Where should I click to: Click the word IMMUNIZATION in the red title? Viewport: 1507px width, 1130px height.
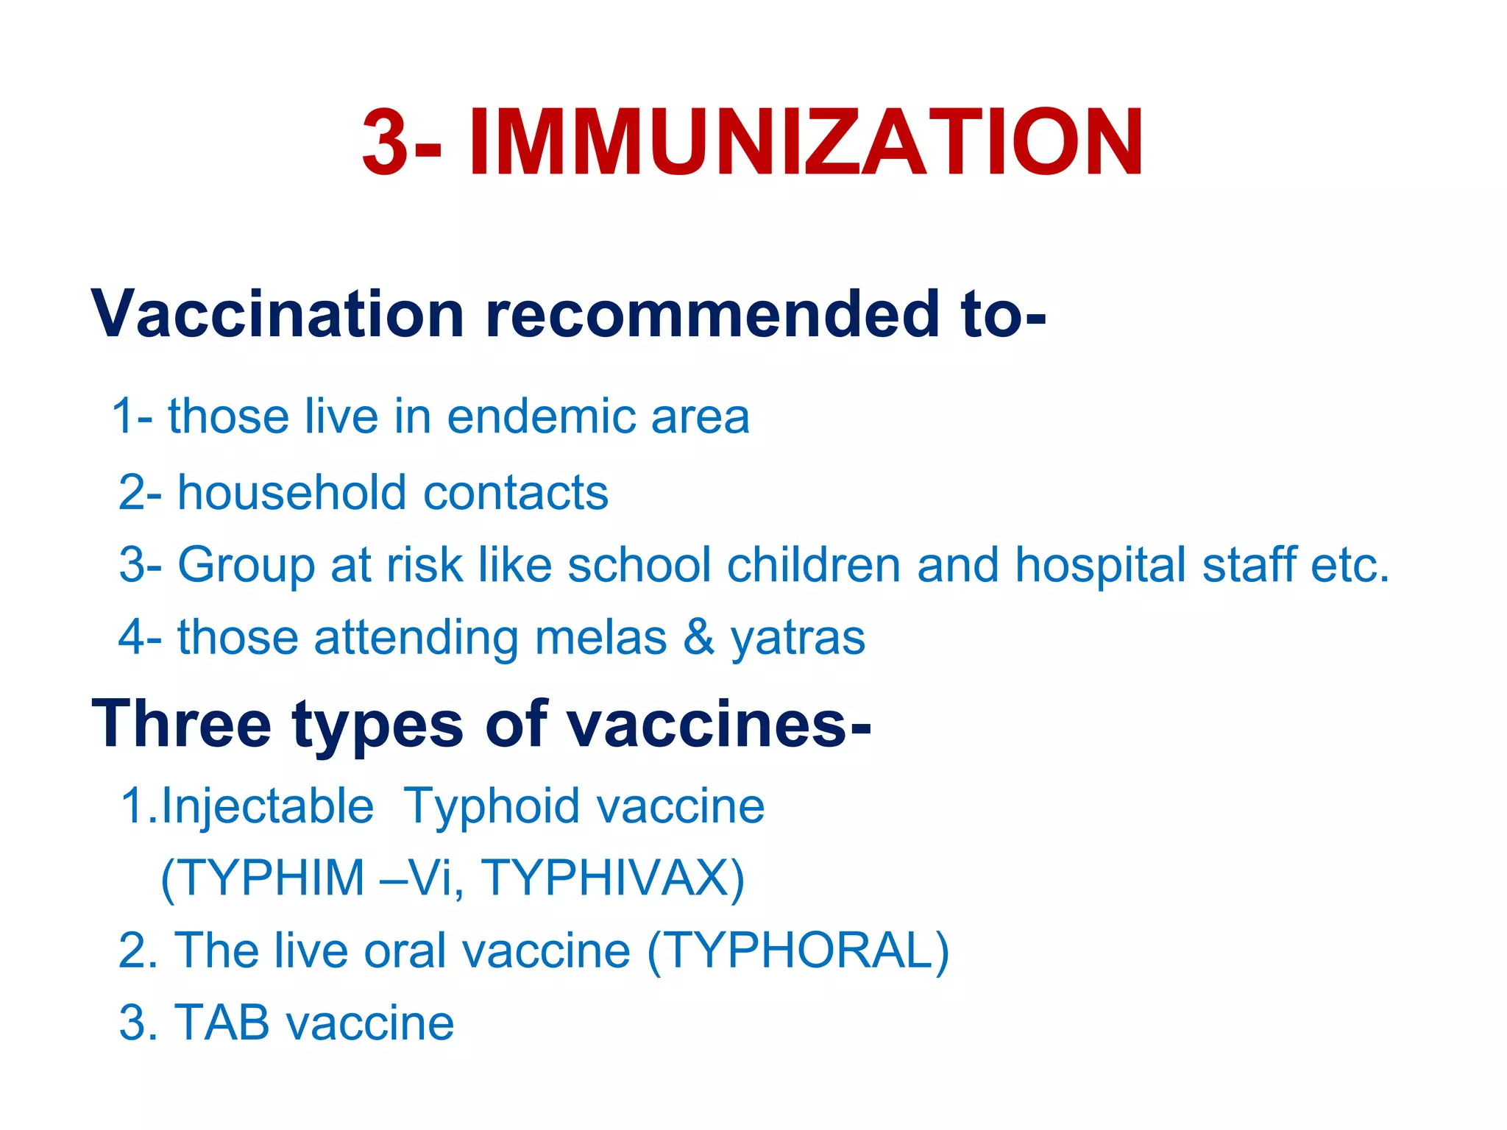coord(806,143)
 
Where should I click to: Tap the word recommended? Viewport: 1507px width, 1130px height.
coord(712,314)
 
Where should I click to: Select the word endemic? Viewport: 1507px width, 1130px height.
coord(541,416)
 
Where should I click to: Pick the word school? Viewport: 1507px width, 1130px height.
coord(639,565)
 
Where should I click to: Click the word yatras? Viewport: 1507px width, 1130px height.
coord(798,638)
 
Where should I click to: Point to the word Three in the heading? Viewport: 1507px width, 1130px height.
coord(181,724)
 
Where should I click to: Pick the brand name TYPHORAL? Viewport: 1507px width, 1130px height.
coord(798,950)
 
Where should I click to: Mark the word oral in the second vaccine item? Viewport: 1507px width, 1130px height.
coord(405,950)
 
